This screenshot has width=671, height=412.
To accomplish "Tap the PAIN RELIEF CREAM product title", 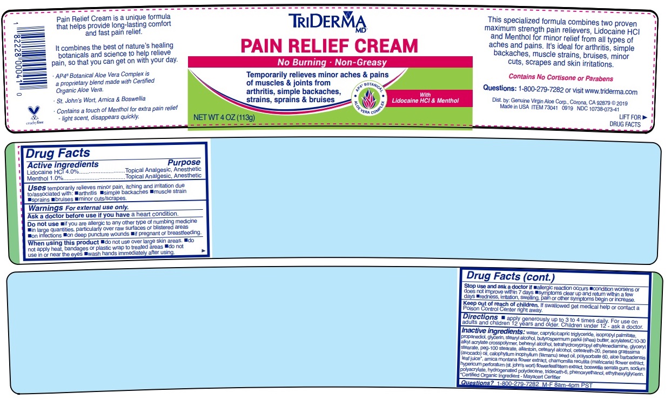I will tap(329, 45).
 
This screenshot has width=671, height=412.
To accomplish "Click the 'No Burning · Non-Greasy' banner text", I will tap(332, 62).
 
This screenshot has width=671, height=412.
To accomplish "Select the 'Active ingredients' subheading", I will tap(63, 164).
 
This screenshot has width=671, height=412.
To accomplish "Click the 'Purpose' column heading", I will tap(184, 162).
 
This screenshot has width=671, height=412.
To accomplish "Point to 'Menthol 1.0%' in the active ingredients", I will tap(45, 177).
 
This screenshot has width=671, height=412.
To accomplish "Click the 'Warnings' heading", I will tap(45, 207).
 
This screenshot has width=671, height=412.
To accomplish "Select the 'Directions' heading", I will tap(480, 317).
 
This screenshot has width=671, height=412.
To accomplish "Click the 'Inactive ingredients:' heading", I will tap(493, 331).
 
